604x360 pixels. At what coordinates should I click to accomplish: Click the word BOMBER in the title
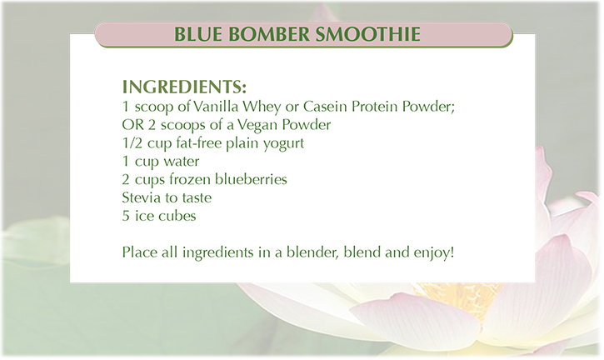click(269, 34)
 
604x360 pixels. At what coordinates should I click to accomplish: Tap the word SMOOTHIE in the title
click(368, 34)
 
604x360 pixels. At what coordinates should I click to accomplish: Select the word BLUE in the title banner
click(198, 34)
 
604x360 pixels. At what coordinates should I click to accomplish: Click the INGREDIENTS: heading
click(184, 87)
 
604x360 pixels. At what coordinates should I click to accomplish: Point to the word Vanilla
click(216, 106)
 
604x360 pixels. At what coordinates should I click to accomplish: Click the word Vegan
click(257, 125)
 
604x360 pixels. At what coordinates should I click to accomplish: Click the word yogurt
click(283, 144)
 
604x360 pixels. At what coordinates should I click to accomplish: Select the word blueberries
click(251, 179)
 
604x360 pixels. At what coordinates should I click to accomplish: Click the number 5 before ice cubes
click(126, 216)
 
